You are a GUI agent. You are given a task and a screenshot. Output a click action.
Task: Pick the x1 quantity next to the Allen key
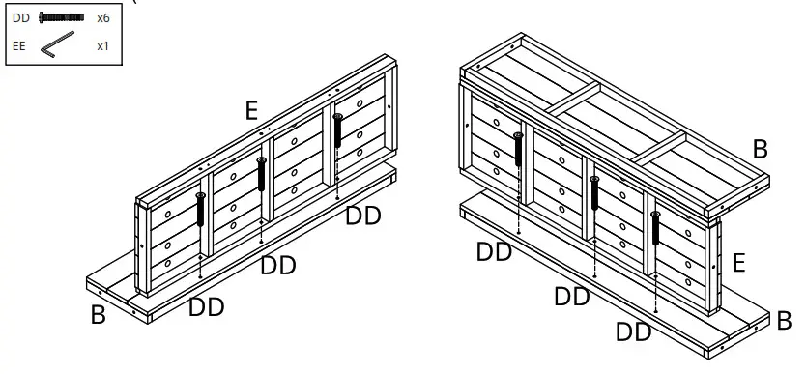(102, 45)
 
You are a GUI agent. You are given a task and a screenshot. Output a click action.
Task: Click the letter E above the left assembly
(251, 110)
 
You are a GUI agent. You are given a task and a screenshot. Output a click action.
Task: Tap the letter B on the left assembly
(98, 315)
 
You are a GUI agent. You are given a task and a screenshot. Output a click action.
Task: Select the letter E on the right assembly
(738, 263)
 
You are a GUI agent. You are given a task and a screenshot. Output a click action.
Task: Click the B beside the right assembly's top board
(760, 149)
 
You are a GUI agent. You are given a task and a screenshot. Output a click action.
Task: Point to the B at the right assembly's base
(785, 320)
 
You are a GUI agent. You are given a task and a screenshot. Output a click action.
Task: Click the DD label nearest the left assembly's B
(207, 307)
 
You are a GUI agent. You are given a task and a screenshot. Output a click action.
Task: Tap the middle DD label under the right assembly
(572, 297)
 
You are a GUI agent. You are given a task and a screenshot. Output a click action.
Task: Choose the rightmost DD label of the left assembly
(363, 216)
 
